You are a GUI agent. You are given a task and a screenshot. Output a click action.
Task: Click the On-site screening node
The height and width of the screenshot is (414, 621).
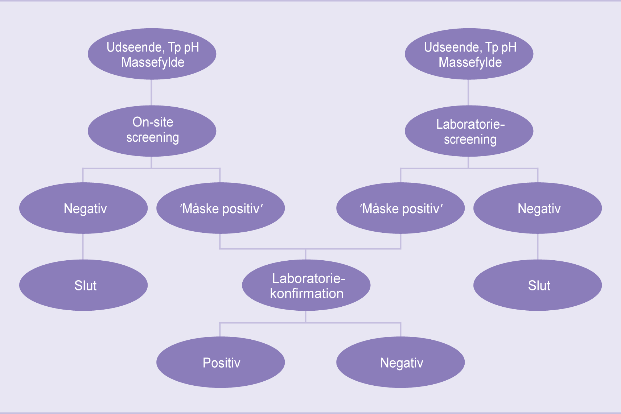click(x=152, y=131)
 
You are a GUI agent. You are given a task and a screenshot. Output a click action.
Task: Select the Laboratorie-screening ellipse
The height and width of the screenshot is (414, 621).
click(x=469, y=131)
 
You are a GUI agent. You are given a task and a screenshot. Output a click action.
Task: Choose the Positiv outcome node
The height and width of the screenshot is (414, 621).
click(x=221, y=362)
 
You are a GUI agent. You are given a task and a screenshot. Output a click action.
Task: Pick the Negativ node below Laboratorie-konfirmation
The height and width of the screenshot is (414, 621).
click(x=400, y=362)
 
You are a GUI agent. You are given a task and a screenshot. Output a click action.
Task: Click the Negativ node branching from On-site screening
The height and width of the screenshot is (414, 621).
click(x=83, y=208)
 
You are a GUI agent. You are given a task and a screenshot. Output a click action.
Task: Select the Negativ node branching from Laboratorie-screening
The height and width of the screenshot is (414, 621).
click(x=538, y=208)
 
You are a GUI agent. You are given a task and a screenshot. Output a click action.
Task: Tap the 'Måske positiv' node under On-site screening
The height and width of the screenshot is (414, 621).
click(x=221, y=208)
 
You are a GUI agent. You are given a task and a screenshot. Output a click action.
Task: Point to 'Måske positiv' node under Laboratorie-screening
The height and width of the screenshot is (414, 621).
click(x=400, y=208)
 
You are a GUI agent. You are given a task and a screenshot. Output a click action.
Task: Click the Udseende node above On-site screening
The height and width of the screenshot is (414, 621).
click(x=152, y=54)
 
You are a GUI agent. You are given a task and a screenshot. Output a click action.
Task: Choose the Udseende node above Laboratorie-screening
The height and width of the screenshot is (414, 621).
click(x=469, y=54)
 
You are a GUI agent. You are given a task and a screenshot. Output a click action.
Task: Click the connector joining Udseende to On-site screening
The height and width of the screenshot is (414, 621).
click(x=151, y=92)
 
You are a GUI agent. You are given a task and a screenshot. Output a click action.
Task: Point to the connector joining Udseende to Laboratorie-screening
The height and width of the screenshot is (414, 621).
click(x=468, y=92)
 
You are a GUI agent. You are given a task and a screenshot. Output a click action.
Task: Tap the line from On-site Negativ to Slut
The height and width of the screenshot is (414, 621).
click(x=83, y=247)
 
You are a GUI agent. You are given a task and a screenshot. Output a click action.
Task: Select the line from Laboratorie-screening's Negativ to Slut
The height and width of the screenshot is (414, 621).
click(x=538, y=247)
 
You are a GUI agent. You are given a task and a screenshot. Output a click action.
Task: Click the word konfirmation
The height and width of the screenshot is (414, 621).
click(x=307, y=293)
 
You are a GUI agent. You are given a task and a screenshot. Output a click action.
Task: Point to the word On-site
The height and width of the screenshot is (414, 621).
click(x=153, y=122)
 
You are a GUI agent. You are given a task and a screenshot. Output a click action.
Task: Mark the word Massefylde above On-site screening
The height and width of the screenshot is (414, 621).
click(x=153, y=62)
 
